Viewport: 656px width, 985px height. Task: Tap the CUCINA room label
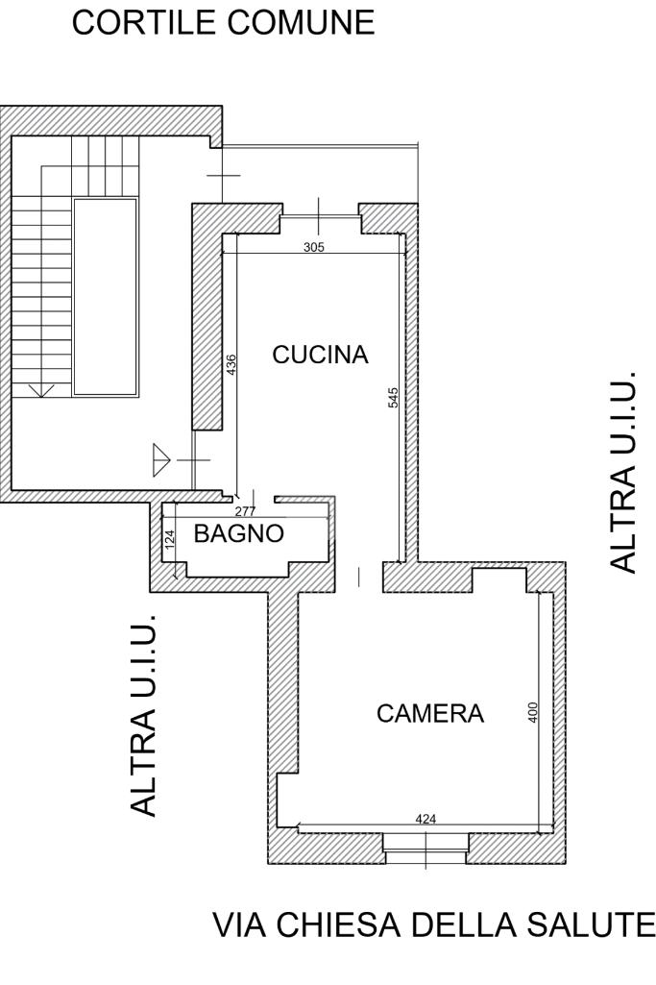(x=320, y=355)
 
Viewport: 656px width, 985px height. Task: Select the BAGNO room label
(x=239, y=534)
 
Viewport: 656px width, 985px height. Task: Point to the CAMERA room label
(x=430, y=714)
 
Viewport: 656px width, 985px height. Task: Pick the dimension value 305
(x=313, y=247)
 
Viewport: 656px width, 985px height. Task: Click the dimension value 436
(x=231, y=365)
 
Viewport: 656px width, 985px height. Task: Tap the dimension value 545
(x=394, y=398)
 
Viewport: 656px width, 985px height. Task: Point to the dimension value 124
(x=169, y=540)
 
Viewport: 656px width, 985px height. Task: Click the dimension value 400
(x=533, y=712)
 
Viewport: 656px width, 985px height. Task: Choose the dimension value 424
(x=425, y=819)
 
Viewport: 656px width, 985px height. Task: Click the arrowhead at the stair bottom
(x=40, y=390)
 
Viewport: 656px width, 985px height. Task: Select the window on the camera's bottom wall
(x=425, y=843)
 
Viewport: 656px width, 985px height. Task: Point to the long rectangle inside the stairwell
(x=105, y=297)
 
